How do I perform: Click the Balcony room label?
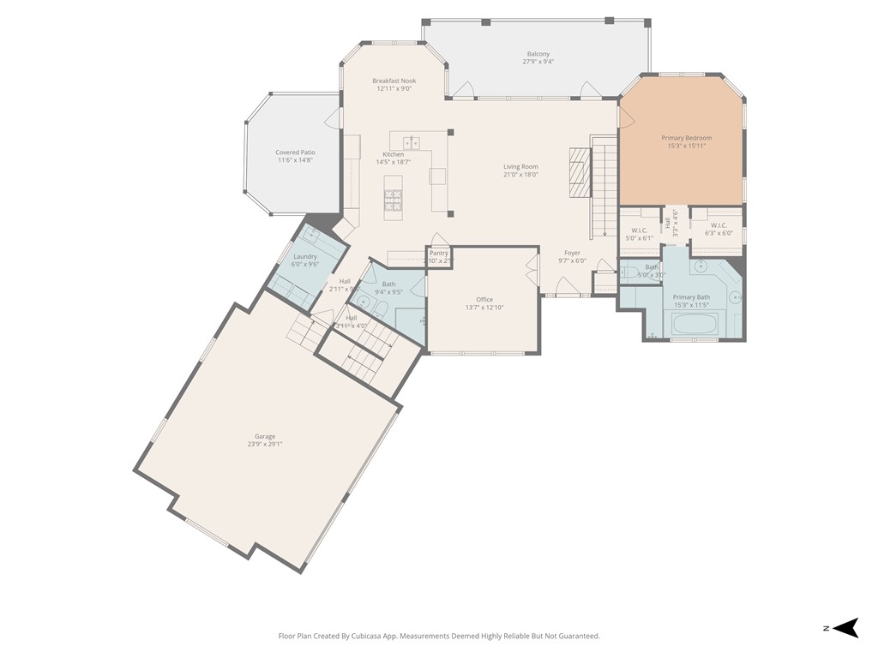[x=538, y=54]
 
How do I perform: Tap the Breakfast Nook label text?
[x=394, y=81]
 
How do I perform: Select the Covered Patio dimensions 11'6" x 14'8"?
[x=295, y=160]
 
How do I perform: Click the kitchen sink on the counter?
[x=411, y=141]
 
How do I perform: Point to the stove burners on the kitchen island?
[x=393, y=200]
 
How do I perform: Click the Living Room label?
[x=520, y=167]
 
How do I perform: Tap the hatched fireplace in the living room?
[x=580, y=172]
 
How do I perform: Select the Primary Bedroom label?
[x=686, y=138]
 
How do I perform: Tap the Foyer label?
[x=572, y=254]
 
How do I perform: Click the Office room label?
[x=484, y=300]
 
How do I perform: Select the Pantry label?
[x=438, y=254]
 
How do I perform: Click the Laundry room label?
[x=305, y=257]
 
